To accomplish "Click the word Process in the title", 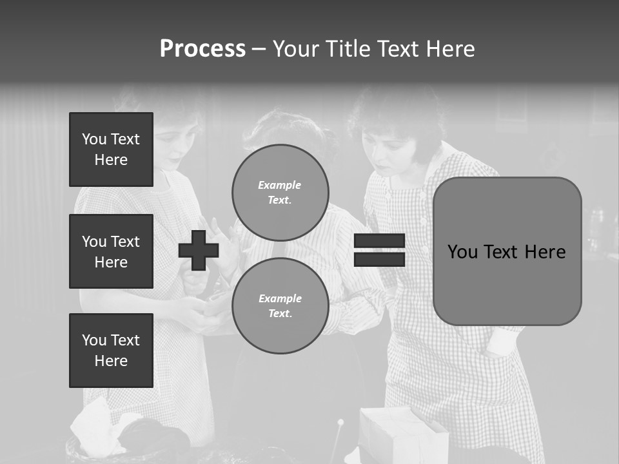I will click(202, 49).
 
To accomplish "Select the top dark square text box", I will click(111, 150).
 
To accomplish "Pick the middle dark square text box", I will click(111, 251).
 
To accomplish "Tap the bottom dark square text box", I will click(111, 351).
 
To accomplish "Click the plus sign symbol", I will click(199, 250).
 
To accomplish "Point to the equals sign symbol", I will click(379, 250).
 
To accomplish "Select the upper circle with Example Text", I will click(280, 192).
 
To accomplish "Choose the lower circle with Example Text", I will click(280, 305).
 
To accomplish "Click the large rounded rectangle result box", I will click(507, 251).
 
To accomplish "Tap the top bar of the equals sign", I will click(379, 241).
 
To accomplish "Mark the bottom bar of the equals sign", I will click(379, 259).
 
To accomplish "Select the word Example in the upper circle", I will click(279, 185).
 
